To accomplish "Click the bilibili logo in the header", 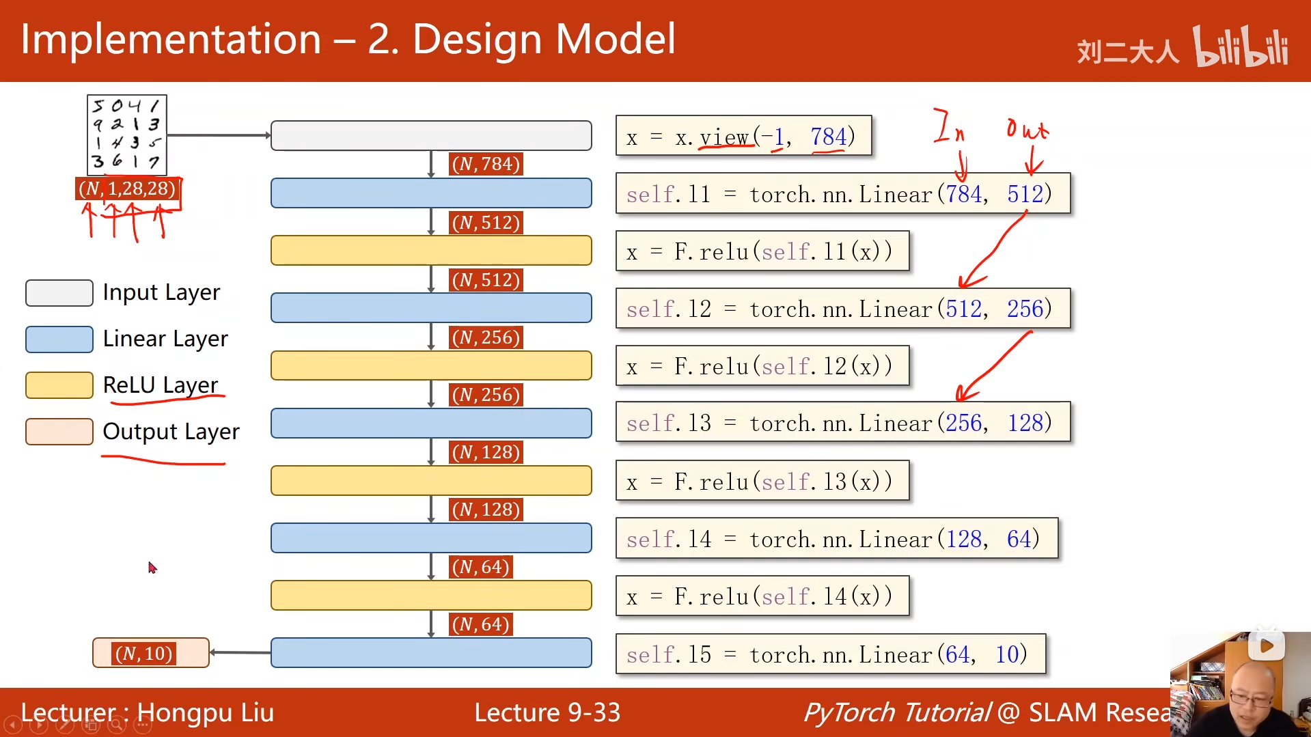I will click(1241, 46).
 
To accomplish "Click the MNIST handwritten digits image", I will click(127, 135).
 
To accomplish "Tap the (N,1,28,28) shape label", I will click(127, 189).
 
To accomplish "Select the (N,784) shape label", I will click(486, 164).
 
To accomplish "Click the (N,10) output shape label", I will click(143, 654).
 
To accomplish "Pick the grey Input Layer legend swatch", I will click(59, 293).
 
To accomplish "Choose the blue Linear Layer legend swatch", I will click(59, 339).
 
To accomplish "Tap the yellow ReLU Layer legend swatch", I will click(59, 385).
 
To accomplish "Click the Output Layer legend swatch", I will click(59, 432).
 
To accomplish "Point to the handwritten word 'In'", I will click(948, 126).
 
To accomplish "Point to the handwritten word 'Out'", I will click(1027, 128).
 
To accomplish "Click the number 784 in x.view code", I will click(828, 137).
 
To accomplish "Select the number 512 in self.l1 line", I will click(1025, 195).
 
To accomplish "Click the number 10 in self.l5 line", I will click(1007, 655).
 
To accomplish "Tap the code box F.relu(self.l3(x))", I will click(762, 482).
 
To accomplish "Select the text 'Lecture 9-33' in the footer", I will click(547, 712).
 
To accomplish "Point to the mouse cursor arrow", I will click(152, 567).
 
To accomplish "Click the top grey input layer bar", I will click(431, 135).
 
